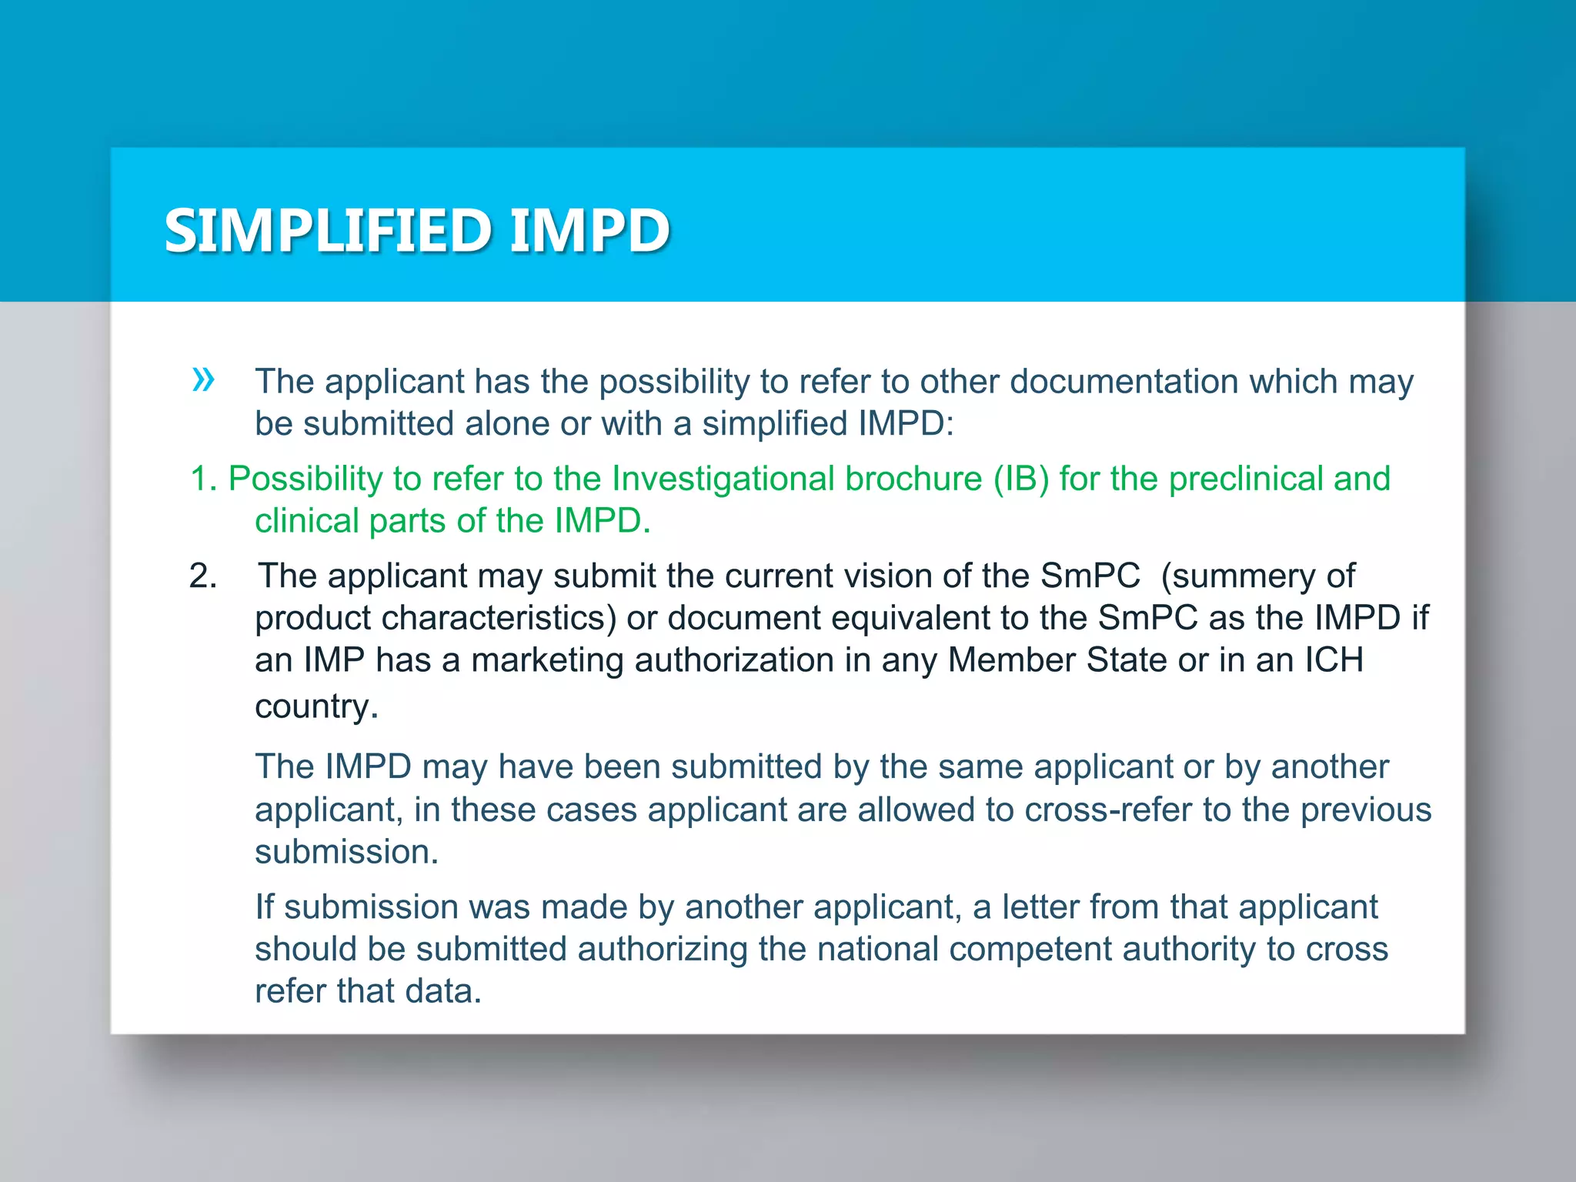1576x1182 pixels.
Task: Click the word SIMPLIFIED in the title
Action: click(x=328, y=230)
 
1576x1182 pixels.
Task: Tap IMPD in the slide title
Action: click(x=589, y=230)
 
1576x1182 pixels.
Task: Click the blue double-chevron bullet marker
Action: click(x=203, y=379)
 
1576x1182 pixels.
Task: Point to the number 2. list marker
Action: click(x=203, y=576)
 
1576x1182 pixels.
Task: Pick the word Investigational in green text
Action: click(x=720, y=479)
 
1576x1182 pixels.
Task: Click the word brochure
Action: click(x=913, y=479)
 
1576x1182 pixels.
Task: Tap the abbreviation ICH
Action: click(x=1334, y=659)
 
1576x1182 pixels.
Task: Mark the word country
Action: click(x=316, y=706)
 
